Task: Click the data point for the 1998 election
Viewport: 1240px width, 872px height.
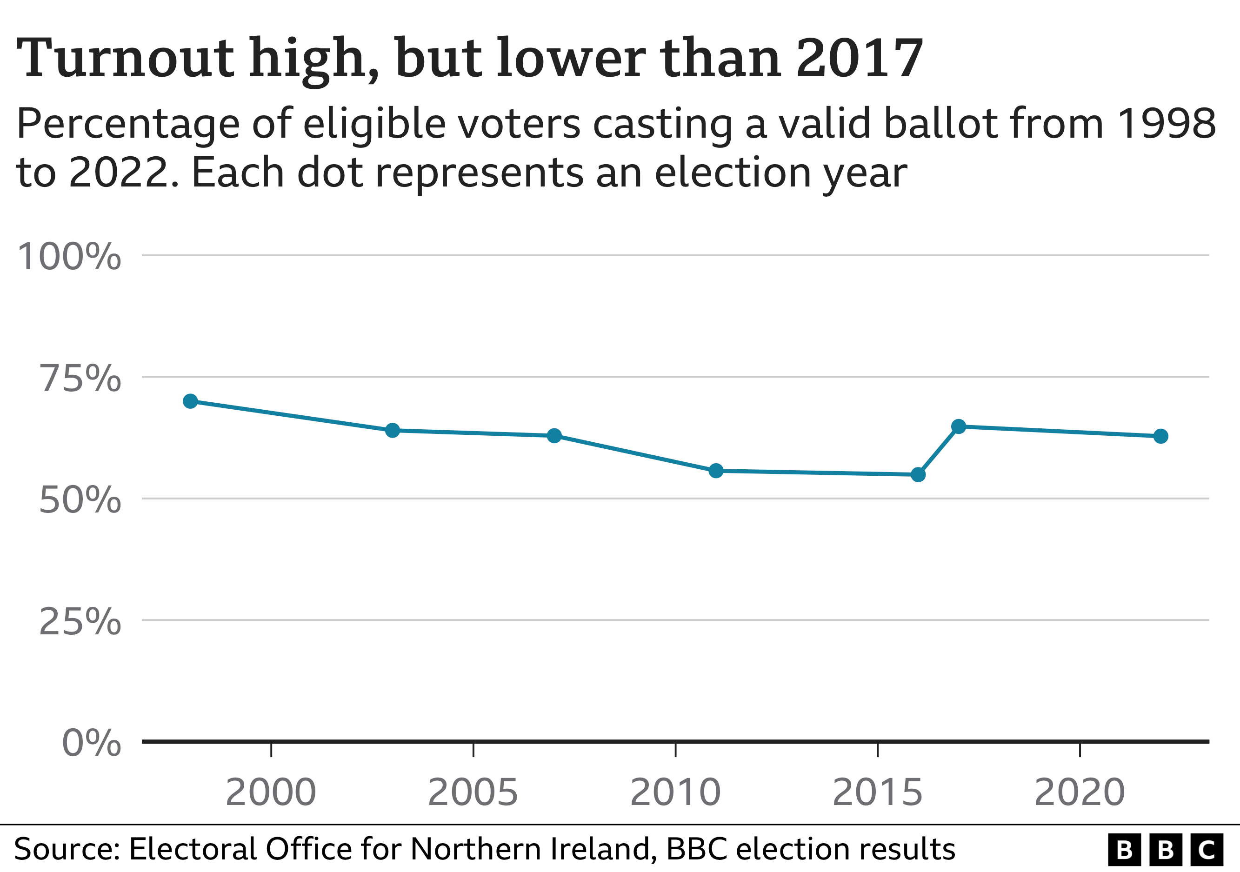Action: pyautogui.click(x=190, y=401)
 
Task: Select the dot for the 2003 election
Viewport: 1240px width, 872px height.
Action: pyautogui.click(x=393, y=430)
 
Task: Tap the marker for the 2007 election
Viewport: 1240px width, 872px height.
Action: pyautogui.click(x=554, y=436)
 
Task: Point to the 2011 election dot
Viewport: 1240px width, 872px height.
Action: pyautogui.click(x=716, y=471)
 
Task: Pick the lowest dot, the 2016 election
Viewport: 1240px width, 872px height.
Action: pyautogui.click(x=918, y=475)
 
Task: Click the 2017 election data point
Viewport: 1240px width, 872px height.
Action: pyautogui.click(x=959, y=426)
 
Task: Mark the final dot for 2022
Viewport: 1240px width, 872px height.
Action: pyautogui.click(x=1160, y=436)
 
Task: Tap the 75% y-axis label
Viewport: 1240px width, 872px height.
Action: pyautogui.click(x=80, y=378)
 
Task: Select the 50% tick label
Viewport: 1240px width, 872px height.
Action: pyautogui.click(x=80, y=500)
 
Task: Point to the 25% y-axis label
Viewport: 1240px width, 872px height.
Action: pyautogui.click(x=80, y=621)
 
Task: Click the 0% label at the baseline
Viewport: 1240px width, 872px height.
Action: pyautogui.click(x=91, y=743)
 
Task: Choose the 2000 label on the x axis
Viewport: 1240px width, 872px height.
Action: pyautogui.click(x=271, y=792)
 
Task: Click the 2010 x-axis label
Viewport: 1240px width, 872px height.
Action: pyautogui.click(x=675, y=792)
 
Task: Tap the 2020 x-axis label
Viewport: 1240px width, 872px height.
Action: pyautogui.click(x=1080, y=792)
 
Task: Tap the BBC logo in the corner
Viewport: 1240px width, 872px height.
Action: pyautogui.click(x=1165, y=850)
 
